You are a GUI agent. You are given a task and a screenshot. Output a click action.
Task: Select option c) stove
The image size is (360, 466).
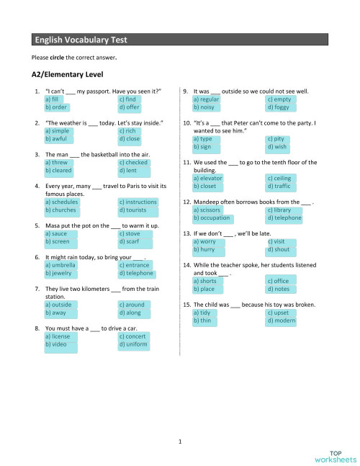pyautogui.click(x=130, y=233)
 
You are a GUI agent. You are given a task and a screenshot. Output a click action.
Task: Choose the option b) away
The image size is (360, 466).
pyautogui.click(x=55, y=313)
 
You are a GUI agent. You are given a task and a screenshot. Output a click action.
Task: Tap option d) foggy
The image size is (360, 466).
pyautogui.click(x=277, y=107)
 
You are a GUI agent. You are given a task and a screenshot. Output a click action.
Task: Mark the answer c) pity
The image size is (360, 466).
pyautogui.click(x=275, y=138)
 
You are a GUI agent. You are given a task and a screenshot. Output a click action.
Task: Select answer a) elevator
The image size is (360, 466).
pyautogui.click(x=208, y=177)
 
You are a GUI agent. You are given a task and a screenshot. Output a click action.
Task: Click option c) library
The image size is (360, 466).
pyautogui.click(x=279, y=210)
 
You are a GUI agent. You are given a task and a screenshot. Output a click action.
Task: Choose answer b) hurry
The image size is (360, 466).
pyautogui.click(x=204, y=249)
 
